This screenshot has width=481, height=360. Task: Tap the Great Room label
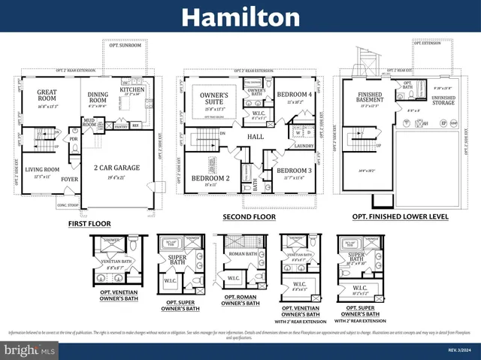[47, 95]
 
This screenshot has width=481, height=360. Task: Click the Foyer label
[69, 179]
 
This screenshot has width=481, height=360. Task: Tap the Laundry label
[303, 147]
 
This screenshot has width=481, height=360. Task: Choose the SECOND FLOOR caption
[249, 216]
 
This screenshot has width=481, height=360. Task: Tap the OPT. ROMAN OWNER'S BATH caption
[240, 301]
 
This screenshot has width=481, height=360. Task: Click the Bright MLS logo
[29, 349]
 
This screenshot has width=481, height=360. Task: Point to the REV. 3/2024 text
[458, 349]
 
